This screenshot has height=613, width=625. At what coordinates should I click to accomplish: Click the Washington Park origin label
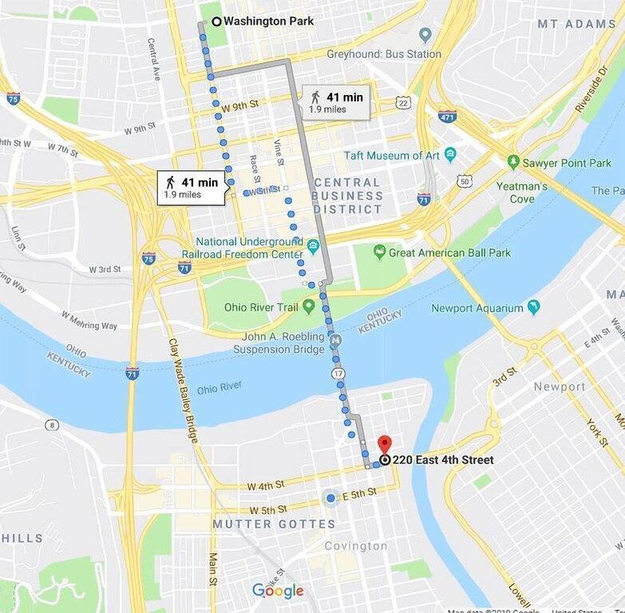(x=268, y=22)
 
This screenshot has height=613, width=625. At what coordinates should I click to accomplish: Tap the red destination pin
(x=385, y=445)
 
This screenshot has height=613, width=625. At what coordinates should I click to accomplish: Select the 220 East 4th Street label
(x=442, y=460)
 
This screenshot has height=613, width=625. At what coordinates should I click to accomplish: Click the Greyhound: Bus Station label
(x=383, y=54)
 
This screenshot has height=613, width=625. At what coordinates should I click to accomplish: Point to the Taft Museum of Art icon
(x=450, y=155)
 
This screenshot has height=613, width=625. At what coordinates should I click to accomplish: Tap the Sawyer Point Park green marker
(x=513, y=163)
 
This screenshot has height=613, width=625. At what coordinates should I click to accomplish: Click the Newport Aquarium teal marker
(x=532, y=308)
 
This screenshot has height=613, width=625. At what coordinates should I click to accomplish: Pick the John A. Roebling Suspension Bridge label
(x=279, y=342)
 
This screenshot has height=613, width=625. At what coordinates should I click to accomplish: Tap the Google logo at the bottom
(x=278, y=591)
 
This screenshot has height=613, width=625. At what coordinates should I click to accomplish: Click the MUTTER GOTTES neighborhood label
(x=274, y=524)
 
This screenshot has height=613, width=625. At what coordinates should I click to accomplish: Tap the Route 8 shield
(x=52, y=425)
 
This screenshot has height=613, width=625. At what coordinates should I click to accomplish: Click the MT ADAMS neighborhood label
(x=576, y=24)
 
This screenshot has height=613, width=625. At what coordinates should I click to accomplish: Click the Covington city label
(x=356, y=546)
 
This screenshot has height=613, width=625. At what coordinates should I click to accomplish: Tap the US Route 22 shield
(x=403, y=103)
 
